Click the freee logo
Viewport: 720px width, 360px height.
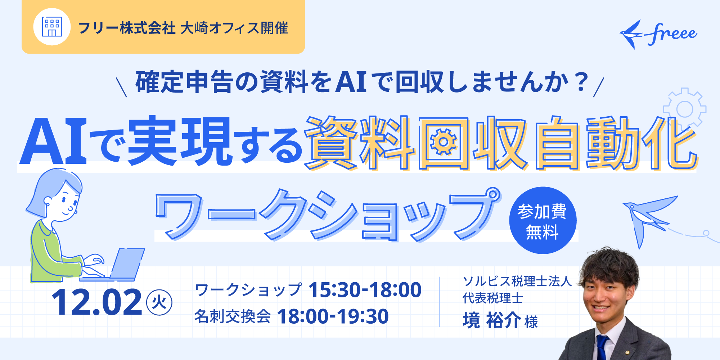[658, 35]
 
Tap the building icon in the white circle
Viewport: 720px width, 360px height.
[52, 27]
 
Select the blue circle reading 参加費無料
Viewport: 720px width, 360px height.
[543, 220]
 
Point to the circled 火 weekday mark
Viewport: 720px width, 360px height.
[159, 302]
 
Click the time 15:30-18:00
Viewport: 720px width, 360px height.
[365, 290]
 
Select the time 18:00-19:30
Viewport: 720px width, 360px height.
[333, 316]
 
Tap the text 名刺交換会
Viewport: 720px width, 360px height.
[233, 316]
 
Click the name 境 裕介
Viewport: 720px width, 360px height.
[492, 320]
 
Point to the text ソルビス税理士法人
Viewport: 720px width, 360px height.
[517, 281]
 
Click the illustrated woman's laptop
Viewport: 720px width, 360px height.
[119, 265]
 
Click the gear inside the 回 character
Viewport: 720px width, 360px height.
[444, 142]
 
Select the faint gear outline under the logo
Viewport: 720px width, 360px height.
[685, 108]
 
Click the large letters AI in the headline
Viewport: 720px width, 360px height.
[54, 141]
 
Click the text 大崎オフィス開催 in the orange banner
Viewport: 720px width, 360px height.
[234, 28]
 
